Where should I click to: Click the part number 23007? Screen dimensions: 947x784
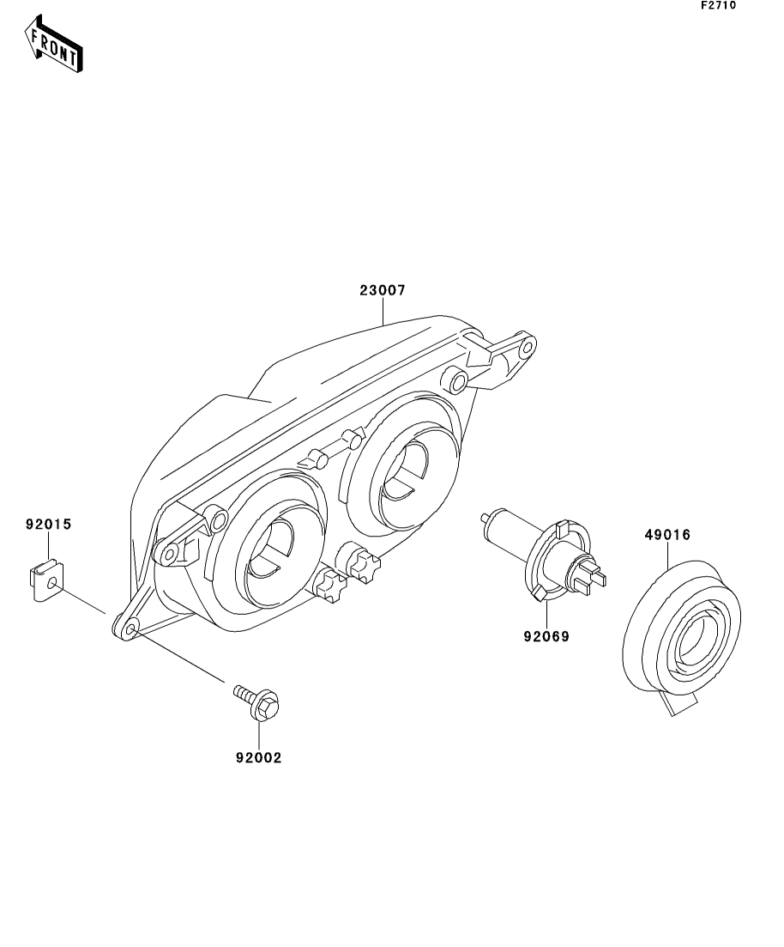[x=382, y=291]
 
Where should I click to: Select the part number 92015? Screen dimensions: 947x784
[x=48, y=522]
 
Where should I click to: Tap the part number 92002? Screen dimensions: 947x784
[x=258, y=758]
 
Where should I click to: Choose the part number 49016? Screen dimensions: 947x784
[x=667, y=535]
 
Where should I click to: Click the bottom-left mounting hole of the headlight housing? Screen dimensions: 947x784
[x=130, y=630]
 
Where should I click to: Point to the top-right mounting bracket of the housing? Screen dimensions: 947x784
[x=506, y=356]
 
